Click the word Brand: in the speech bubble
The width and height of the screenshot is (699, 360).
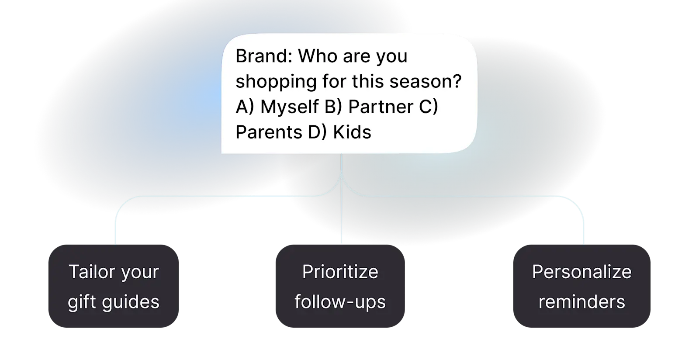(263, 56)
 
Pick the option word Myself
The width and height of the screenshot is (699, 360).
(289, 107)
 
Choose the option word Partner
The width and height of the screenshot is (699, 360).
(381, 107)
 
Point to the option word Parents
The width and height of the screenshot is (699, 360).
(268, 132)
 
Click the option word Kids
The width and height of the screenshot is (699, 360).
(352, 132)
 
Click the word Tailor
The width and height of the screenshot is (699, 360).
(90, 272)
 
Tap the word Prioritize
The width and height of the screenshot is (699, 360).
(340, 272)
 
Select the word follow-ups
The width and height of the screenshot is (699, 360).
(340, 302)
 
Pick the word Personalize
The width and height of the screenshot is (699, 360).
(582, 272)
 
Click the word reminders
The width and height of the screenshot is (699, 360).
(582, 302)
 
